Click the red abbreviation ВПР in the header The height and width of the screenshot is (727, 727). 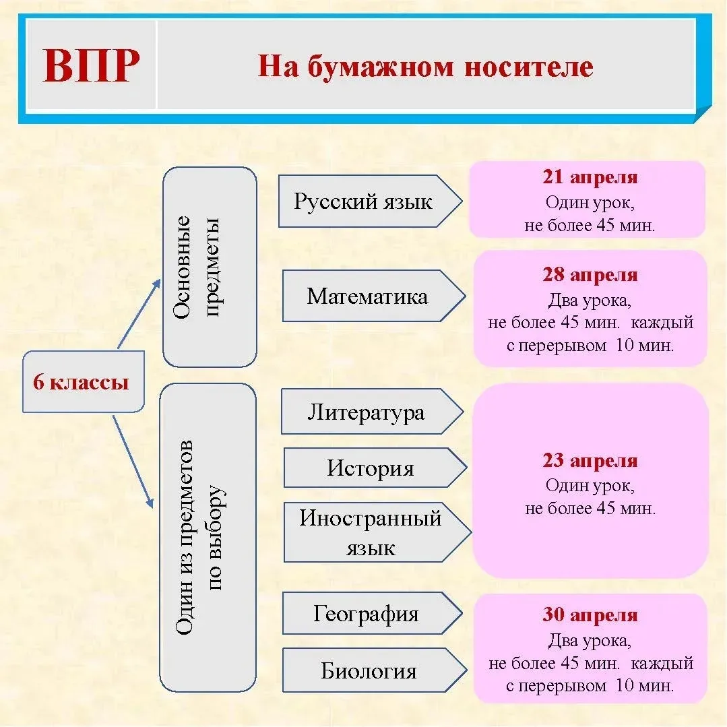[x=91, y=65]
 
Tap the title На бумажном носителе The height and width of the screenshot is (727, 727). [x=425, y=67]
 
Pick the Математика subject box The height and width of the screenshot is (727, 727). [x=367, y=296]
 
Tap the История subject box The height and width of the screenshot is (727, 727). [x=370, y=468]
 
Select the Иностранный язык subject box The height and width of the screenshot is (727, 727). [x=371, y=532]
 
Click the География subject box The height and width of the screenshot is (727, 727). [x=366, y=614]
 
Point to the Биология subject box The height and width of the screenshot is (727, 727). [x=369, y=671]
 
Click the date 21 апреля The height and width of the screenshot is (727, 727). [x=590, y=178]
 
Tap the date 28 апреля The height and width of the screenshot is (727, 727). [x=590, y=275]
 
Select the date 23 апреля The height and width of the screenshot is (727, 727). [x=590, y=461]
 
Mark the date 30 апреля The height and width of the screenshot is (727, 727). [x=590, y=615]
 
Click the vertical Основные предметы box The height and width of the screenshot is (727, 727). [x=210, y=267]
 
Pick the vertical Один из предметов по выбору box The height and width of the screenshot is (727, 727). [x=208, y=537]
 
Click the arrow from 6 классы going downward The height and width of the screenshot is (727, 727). [x=133, y=460]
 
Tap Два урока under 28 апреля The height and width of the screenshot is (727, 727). [x=590, y=298]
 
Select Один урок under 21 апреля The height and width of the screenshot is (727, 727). [x=590, y=202]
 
